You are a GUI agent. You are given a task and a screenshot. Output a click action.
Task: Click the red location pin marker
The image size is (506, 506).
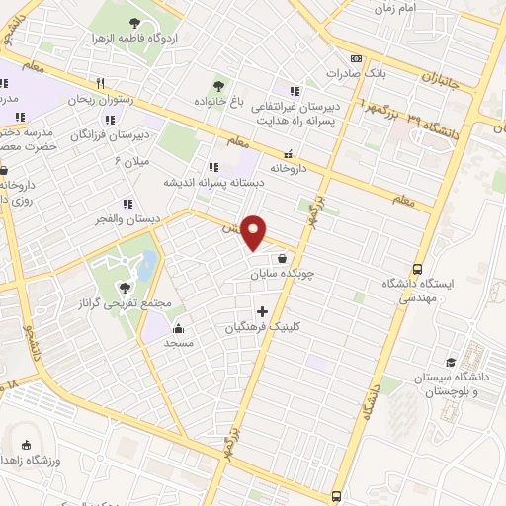(254, 231)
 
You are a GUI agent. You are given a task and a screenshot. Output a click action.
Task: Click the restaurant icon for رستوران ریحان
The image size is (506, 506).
(99, 83)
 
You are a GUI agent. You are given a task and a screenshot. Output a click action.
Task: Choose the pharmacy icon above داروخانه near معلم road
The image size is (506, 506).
(288, 153)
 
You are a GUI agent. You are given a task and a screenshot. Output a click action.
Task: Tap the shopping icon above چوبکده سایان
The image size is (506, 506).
(283, 258)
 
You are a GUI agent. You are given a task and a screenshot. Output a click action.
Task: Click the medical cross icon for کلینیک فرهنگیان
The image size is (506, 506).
(262, 311)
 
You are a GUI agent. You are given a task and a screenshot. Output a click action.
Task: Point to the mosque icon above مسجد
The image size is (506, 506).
(178, 329)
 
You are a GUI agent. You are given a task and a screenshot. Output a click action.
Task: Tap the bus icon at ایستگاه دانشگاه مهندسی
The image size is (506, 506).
(418, 268)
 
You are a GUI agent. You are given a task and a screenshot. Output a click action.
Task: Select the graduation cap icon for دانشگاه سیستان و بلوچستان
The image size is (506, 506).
(452, 362)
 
